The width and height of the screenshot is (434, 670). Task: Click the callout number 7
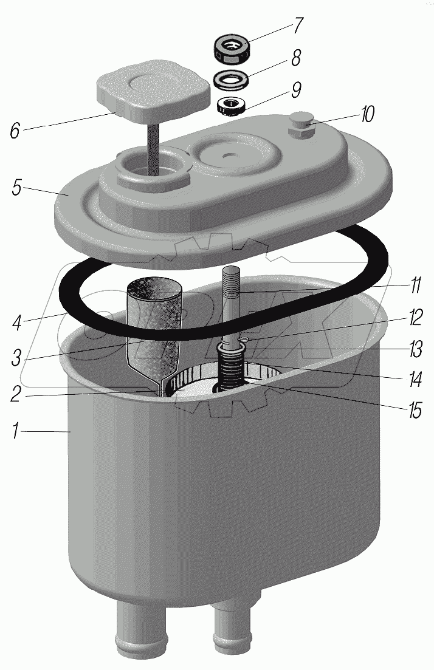tap(297, 26)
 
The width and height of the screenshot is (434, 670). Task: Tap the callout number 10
tap(367, 114)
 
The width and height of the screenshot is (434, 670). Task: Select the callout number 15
tap(415, 410)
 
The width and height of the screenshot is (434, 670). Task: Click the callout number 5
tap(16, 188)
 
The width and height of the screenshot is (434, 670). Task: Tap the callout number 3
tap(16, 358)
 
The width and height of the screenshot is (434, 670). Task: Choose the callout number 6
tap(15, 130)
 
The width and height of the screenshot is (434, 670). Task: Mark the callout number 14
tap(415, 380)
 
